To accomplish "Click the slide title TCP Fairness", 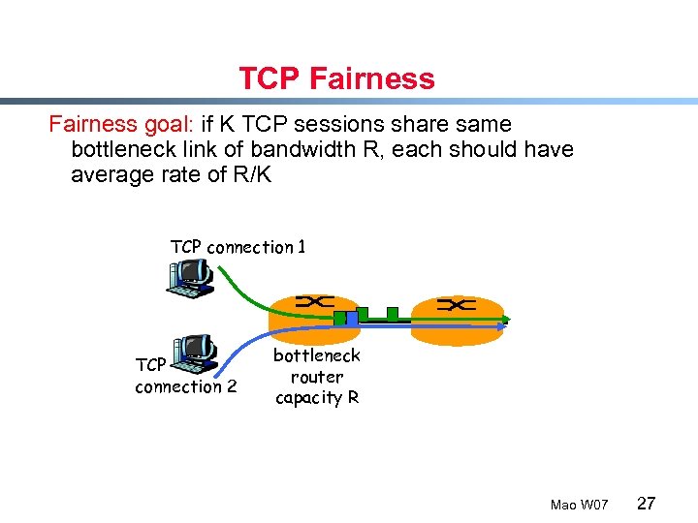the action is (x=336, y=78).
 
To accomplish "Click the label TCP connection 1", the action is (x=238, y=247).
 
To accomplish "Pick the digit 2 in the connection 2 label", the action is (x=231, y=387).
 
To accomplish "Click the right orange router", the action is (x=457, y=317).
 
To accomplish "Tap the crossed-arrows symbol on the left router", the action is (x=314, y=302).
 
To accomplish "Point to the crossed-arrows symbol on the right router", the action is (x=456, y=305).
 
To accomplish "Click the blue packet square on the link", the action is (x=353, y=316).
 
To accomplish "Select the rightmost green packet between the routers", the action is (x=392, y=313).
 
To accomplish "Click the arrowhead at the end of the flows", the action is (x=505, y=320).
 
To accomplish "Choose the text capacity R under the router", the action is (x=317, y=397).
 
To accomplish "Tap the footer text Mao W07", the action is (x=579, y=506).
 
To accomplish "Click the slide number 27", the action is (x=647, y=504).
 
